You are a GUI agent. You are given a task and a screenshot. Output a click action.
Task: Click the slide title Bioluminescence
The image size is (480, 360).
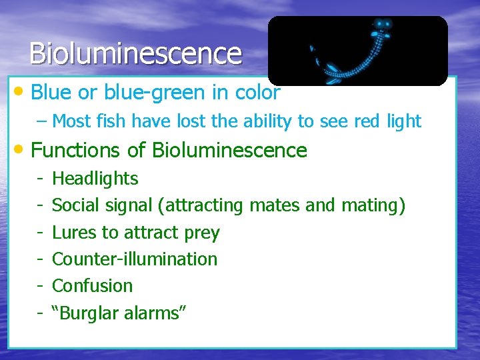point(135,53)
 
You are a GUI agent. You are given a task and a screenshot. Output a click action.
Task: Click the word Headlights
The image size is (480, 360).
point(95,179)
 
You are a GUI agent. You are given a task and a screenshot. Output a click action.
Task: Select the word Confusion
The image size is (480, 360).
point(92,286)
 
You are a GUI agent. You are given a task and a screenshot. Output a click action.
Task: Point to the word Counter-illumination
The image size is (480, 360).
point(135,259)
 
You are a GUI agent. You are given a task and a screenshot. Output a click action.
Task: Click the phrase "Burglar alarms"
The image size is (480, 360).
point(119,313)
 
